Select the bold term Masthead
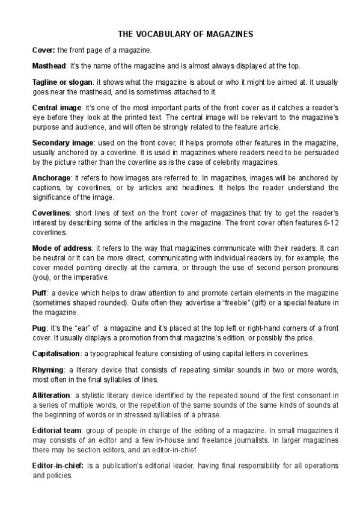click(49, 65)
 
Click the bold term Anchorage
click(51, 177)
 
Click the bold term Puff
click(39, 292)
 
